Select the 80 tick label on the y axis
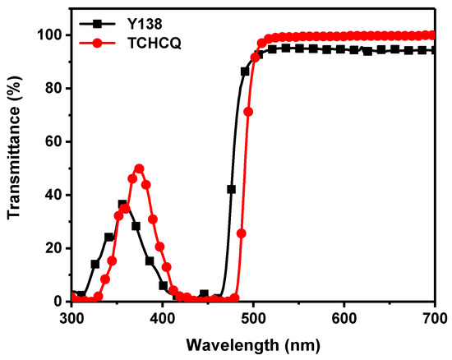(x=54, y=89)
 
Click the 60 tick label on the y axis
(x=54, y=141)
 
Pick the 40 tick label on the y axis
(x=54, y=195)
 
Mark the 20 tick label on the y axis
(x=54, y=248)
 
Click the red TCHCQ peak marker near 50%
(x=139, y=168)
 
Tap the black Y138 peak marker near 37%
(x=122, y=204)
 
